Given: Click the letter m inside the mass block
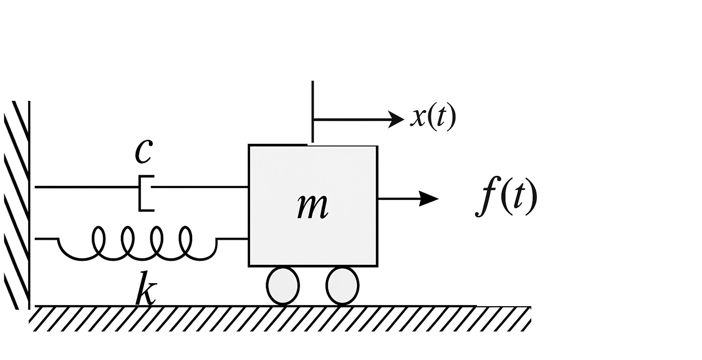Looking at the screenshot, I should [313, 207].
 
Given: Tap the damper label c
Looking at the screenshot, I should [143, 152].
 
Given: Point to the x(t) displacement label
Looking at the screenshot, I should [433, 118].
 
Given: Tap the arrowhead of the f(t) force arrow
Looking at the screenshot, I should [430, 198].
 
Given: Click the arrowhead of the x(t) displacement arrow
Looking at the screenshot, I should [396, 119].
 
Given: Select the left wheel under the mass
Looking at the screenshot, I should [283, 286].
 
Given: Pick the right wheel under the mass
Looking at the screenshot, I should [342, 286].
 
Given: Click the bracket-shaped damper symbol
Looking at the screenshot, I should [146, 193].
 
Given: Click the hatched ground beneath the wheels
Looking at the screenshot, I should [279, 319].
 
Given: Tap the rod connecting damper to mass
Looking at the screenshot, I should [199, 187].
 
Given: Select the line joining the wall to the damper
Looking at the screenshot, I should [86, 187].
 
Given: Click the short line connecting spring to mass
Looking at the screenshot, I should [233, 239].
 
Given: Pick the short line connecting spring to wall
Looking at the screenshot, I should [47, 239].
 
